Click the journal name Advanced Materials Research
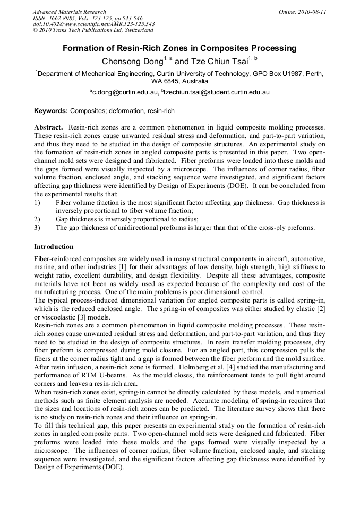[x=69, y=12]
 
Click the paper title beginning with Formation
[x=179, y=48]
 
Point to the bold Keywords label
[x=51, y=111]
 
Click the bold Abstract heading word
[x=49, y=128]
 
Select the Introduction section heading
[x=54, y=247]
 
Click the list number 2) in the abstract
[x=37, y=219]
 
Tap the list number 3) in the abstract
[x=37, y=228]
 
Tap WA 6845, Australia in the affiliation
[x=179, y=82]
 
